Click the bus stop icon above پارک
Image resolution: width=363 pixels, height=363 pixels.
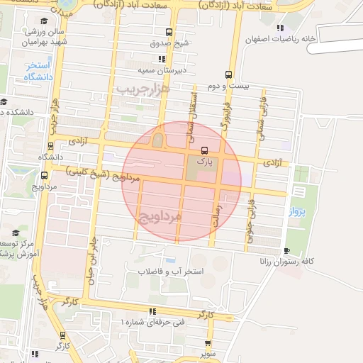[x=204, y=150]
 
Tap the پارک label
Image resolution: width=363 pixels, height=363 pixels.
[x=204, y=161]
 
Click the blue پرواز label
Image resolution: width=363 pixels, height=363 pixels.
[x=298, y=211]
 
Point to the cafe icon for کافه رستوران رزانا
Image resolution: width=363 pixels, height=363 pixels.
[x=286, y=251]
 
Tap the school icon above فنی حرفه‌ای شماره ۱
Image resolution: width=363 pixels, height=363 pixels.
[x=152, y=311]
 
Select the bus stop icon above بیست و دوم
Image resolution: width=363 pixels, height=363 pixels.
[x=228, y=74]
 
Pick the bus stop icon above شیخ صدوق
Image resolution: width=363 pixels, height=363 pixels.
[x=169, y=32]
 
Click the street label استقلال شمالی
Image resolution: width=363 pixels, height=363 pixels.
[x=191, y=112]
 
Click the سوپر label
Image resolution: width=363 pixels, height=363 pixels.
[x=206, y=352]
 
